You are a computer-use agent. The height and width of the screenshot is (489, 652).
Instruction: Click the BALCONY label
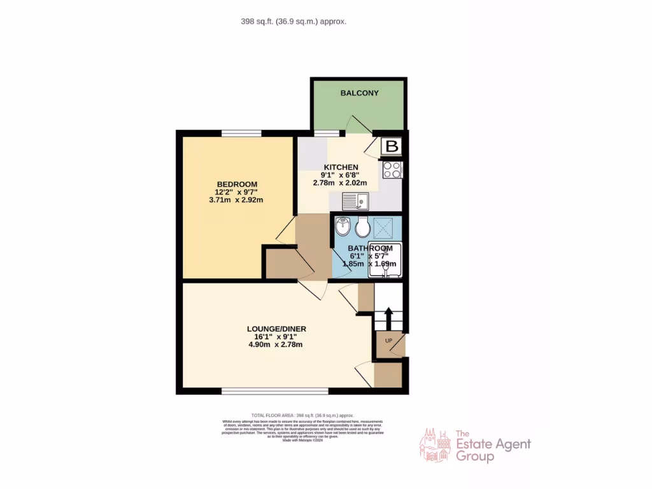(x=359, y=93)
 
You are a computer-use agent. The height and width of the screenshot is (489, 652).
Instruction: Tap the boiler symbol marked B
(x=392, y=147)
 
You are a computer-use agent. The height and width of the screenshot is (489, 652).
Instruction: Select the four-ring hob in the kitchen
(x=392, y=170)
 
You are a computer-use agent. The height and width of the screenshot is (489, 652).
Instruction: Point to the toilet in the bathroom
(x=364, y=227)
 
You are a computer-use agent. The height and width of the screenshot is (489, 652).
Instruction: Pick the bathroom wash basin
(x=343, y=227)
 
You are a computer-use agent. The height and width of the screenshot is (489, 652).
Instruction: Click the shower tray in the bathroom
(x=385, y=226)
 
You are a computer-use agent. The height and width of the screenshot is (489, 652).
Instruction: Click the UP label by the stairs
(x=388, y=341)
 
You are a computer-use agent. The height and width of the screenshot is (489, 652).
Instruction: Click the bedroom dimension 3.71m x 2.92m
(x=236, y=200)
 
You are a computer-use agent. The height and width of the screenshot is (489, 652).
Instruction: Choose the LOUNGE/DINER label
(x=276, y=329)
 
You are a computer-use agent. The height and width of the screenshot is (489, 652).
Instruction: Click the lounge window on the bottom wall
(x=275, y=390)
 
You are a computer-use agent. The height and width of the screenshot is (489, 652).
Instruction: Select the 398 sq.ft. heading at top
(x=294, y=21)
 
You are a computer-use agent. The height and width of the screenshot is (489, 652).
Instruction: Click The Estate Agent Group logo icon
(x=434, y=445)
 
